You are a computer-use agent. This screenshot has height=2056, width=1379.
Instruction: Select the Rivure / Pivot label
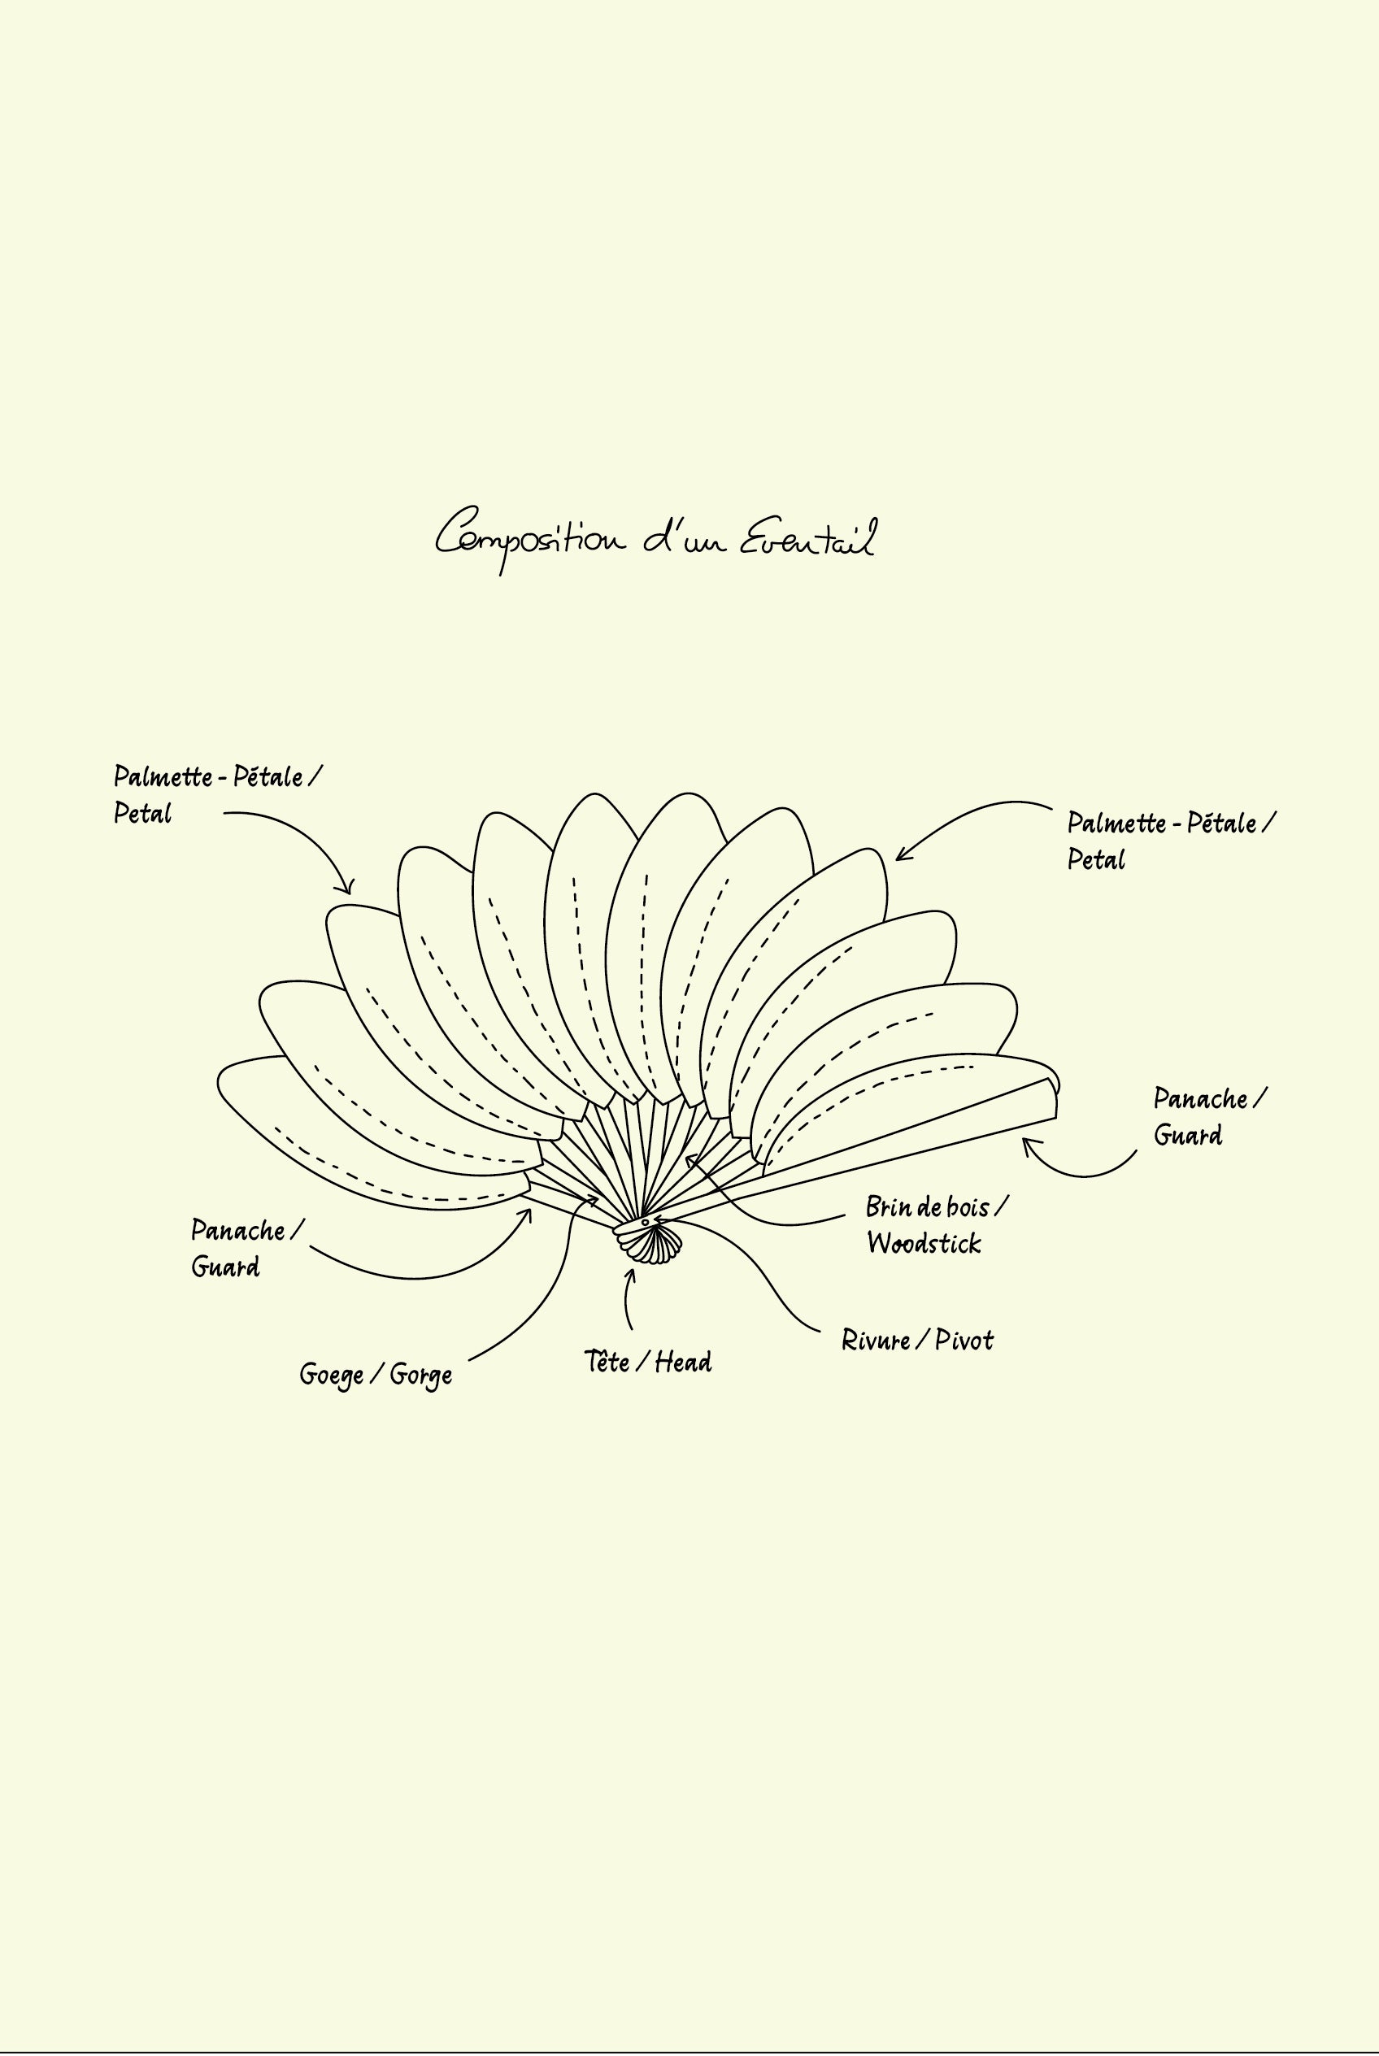(916, 1341)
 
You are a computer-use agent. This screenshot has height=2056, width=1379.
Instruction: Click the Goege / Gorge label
(376, 1375)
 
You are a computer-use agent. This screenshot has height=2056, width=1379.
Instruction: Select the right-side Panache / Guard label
(1209, 1117)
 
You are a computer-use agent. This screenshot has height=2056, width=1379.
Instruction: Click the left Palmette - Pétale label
(217, 795)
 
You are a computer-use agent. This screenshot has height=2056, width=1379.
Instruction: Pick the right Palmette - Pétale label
(1171, 841)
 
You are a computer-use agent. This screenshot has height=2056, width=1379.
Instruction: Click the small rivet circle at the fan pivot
(645, 1223)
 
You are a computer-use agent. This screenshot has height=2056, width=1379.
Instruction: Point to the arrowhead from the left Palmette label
(349, 889)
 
